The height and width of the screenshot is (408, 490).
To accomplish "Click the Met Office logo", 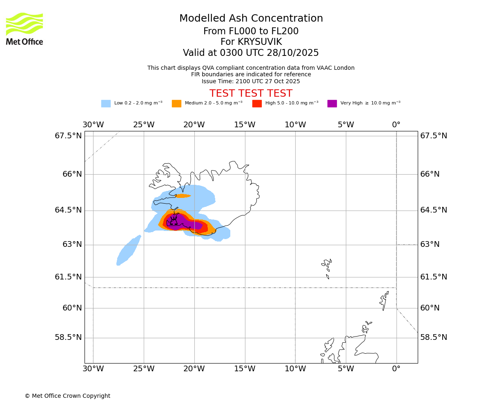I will point(24,29).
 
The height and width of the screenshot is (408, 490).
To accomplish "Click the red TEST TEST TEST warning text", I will point(251,93).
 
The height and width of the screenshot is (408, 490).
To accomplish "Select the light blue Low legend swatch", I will point(106,103).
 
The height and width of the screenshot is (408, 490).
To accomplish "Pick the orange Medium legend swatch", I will point(176,103).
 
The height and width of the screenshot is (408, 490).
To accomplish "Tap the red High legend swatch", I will point(257,103).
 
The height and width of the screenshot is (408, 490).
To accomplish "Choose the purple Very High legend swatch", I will point(332,103).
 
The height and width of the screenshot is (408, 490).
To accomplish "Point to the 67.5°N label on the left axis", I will point(68,136).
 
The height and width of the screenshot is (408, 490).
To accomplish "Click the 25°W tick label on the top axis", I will point(144,125).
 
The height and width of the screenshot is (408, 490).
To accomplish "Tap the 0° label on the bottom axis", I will point(396,369).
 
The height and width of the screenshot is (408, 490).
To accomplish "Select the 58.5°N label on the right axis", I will point(434,337).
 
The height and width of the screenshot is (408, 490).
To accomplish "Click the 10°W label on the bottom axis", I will point(295,369).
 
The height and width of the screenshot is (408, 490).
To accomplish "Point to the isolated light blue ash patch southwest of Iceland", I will point(128,251).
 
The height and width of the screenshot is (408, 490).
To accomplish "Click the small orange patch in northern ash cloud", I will point(183,196).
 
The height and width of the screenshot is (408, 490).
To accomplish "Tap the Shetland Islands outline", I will point(384,300).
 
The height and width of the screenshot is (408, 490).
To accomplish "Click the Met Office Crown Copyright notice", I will point(67,396).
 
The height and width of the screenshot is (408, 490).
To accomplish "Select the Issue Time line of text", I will point(251,81).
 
